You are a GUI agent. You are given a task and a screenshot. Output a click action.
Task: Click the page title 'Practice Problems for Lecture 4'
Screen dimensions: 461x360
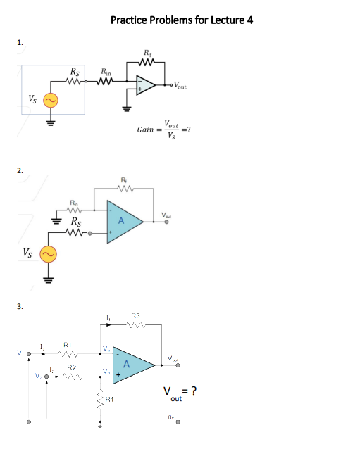click(181, 19)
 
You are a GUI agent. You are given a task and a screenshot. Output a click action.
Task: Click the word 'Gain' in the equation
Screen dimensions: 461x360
click(147, 130)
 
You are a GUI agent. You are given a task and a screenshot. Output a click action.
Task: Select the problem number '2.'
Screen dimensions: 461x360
click(20, 170)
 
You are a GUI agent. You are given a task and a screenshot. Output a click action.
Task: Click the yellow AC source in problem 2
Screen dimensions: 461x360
click(48, 254)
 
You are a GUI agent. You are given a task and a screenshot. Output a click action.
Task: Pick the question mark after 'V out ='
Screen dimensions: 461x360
click(192, 392)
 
